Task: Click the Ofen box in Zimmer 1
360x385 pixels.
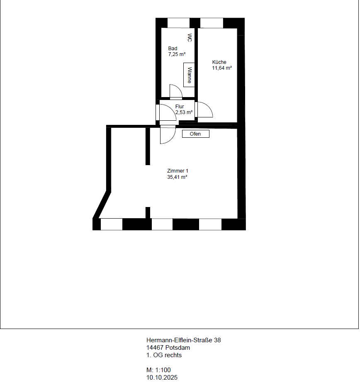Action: tap(196, 134)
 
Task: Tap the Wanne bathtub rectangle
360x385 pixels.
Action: tap(189, 75)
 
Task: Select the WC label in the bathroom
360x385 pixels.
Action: tap(190, 38)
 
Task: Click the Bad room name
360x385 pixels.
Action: tap(173, 49)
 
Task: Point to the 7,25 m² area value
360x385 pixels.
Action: tap(177, 54)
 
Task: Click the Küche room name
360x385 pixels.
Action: tap(219, 62)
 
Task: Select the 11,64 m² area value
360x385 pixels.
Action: tap(222, 68)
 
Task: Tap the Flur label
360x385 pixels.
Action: tap(180, 107)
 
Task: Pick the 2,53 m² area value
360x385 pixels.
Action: tap(184, 112)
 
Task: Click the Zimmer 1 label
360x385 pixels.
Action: tap(178, 171)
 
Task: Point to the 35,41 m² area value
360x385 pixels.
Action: tap(177, 177)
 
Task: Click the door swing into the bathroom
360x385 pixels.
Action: tap(176, 91)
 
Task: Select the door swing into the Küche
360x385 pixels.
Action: tap(205, 110)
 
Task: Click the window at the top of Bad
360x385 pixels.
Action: tap(178, 23)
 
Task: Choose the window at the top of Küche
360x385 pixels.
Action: tap(212, 23)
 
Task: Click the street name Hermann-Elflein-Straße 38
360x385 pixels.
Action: tap(184, 340)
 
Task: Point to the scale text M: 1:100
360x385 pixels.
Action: tap(158, 370)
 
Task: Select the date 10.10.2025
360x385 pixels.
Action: tap(162, 378)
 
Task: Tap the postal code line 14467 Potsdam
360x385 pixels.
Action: tap(168, 348)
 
